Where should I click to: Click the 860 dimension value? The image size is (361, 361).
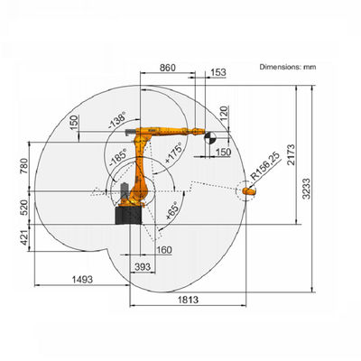pyautogui.click(x=167, y=68)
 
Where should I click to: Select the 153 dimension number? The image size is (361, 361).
pyautogui.click(x=218, y=72)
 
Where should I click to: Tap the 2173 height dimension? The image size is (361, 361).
pyautogui.click(x=291, y=154)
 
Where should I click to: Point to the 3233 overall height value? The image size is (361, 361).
pyautogui.click(x=306, y=189)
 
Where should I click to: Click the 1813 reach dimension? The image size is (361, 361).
pyautogui.click(x=189, y=300)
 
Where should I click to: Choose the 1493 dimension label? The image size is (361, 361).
pyautogui.click(x=82, y=280)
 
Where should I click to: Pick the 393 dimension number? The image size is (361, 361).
pyautogui.click(x=143, y=266)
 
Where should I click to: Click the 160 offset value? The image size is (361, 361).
pyautogui.click(x=164, y=250)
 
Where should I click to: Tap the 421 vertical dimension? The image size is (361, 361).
pyautogui.click(x=24, y=237)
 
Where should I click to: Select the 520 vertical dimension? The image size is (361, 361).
pyautogui.click(x=24, y=208)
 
